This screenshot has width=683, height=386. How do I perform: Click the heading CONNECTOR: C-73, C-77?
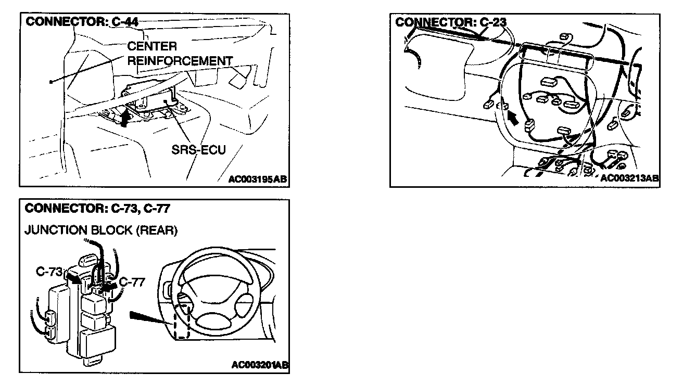coord(97,209)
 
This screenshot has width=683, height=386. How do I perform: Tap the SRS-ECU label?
coord(198,150)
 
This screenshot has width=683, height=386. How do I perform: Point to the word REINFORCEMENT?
coord(180,61)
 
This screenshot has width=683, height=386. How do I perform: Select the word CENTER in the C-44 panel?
coord(152,47)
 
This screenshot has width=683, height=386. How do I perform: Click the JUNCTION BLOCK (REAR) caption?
coord(100,230)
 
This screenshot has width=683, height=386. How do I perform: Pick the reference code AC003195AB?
coord(258,180)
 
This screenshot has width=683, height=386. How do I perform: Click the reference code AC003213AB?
coord(629,178)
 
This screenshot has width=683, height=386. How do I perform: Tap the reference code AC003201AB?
coord(260,365)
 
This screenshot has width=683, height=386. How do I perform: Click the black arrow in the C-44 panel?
coord(124,118)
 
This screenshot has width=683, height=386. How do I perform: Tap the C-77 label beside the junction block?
coord(132,281)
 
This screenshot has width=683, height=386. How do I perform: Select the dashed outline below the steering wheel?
coord(181,326)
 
